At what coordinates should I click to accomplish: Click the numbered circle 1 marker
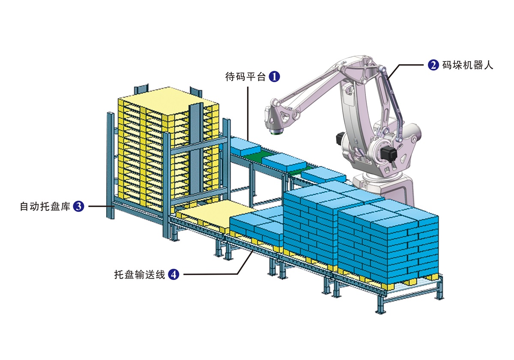point(274,76)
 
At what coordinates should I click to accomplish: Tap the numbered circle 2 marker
point(433,65)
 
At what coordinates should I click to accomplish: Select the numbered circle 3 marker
point(78,206)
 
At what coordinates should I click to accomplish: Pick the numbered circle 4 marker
point(173,274)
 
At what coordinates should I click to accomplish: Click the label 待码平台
point(245,77)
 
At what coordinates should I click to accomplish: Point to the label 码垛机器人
point(467,65)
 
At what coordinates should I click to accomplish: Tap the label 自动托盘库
point(45,206)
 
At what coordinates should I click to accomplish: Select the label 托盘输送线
point(140,274)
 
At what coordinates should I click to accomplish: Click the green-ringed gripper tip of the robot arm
point(276,132)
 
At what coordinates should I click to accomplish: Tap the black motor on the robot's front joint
point(388,154)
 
